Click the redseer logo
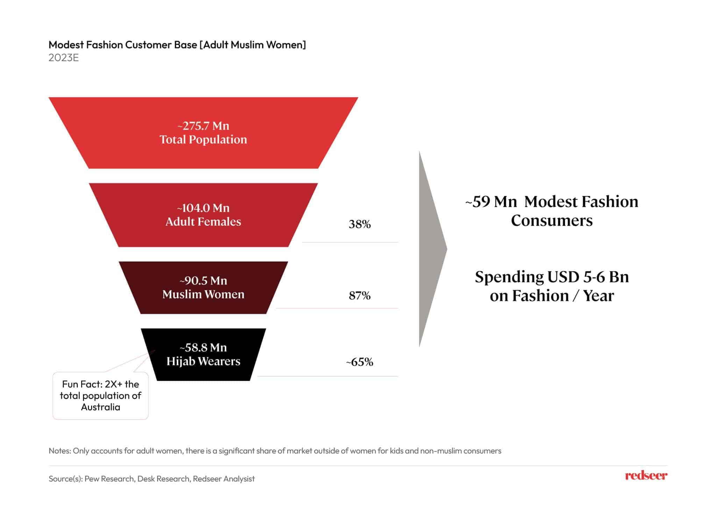pos(646,476)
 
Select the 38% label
pos(359,224)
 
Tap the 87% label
pos(359,296)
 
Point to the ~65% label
pos(359,362)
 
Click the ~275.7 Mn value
pos(203,126)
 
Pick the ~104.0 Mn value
pos(203,208)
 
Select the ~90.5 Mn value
pos(203,281)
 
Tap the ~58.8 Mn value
pos(203,347)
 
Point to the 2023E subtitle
pos(64,58)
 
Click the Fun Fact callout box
pos(100,395)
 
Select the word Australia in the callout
pos(100,407)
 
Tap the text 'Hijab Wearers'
pos(203,361)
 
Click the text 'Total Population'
pos(203,139)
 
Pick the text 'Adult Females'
pos(203,222)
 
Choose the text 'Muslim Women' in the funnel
pos(203,294)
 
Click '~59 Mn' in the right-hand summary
pos(491,202)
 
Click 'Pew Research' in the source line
pos(109,479)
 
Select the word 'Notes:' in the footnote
pos(59,451)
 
